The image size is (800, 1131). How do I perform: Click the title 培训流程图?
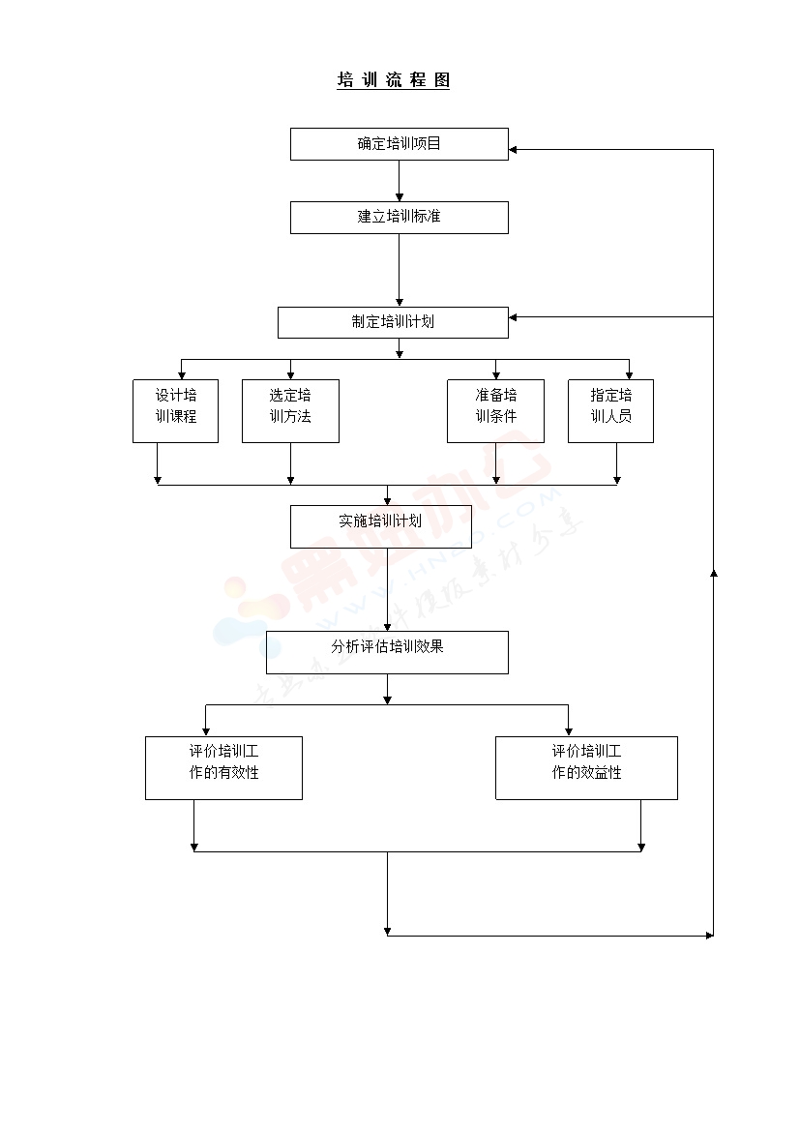393,80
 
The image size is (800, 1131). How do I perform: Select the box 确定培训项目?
399,144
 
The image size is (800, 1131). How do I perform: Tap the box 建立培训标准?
399,217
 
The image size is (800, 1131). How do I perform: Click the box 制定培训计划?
393,322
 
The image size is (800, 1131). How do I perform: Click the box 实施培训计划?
381,525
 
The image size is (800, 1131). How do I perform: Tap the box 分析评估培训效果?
387,652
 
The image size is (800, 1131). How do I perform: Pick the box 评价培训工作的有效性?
223,767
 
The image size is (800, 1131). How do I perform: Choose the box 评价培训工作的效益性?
586,767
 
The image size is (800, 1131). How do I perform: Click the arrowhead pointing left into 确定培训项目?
514,149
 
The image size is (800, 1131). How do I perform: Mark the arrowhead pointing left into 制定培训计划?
514,317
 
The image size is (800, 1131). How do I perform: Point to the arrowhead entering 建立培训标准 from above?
400,197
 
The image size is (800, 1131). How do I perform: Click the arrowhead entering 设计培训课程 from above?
181,375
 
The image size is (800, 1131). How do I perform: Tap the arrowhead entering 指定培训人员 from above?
630,375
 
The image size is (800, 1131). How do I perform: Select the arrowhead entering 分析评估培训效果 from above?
388,627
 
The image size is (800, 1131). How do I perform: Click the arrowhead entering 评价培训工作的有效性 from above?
206,732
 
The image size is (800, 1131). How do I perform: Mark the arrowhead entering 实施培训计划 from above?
388,501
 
